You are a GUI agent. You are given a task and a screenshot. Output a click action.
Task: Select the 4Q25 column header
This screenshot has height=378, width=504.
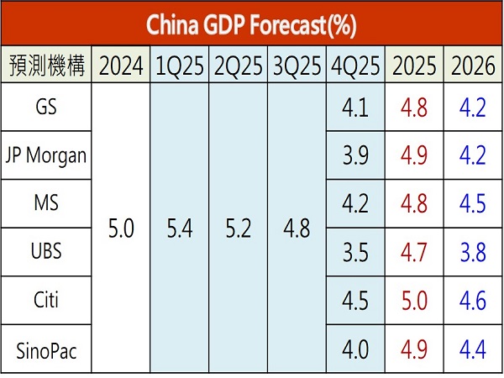(x=355, y=66)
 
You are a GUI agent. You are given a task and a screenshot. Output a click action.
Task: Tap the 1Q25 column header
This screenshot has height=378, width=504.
(x=181, y=66)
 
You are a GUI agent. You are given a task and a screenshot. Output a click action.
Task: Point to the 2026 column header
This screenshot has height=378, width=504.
(x=472, y=66)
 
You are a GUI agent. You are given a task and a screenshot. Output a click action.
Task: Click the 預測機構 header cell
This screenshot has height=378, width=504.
(x=47, y=66)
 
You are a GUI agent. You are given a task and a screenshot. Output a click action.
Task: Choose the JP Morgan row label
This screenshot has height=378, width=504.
(x=47, y=155)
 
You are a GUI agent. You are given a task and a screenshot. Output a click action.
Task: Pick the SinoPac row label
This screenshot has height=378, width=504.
(x=47, y=349)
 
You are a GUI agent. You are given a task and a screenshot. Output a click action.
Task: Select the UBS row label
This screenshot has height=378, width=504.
(x=47, y=253)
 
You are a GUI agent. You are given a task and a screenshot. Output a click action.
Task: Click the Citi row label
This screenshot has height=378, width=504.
(x=47, y=301)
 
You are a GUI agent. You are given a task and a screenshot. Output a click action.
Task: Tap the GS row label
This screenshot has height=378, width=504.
(x=47, y=108)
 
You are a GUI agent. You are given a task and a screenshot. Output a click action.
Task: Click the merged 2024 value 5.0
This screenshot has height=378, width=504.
(x=122, y=228)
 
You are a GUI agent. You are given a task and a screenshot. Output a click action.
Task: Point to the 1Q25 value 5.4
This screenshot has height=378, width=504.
(x=181, y=228)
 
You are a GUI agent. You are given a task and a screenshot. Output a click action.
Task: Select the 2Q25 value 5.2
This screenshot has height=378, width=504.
(x=239, y=228)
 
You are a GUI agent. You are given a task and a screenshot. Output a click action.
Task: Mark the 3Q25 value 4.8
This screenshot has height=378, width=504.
(x=297, y=228)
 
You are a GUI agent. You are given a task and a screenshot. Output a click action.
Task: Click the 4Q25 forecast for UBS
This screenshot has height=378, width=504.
(x=355, y=253)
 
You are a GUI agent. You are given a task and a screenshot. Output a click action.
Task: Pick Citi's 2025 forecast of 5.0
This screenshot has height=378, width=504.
(x=414, y=301)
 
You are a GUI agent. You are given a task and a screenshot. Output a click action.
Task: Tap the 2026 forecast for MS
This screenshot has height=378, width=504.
(x=472, y=204)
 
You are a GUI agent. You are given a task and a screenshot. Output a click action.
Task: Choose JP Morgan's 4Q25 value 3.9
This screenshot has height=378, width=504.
(x=355, y=155)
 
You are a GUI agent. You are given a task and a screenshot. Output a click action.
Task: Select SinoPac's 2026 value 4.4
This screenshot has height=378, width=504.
(x=472, y=349)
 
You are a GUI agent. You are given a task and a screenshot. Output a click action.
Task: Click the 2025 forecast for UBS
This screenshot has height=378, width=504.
(x=414, y=253)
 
